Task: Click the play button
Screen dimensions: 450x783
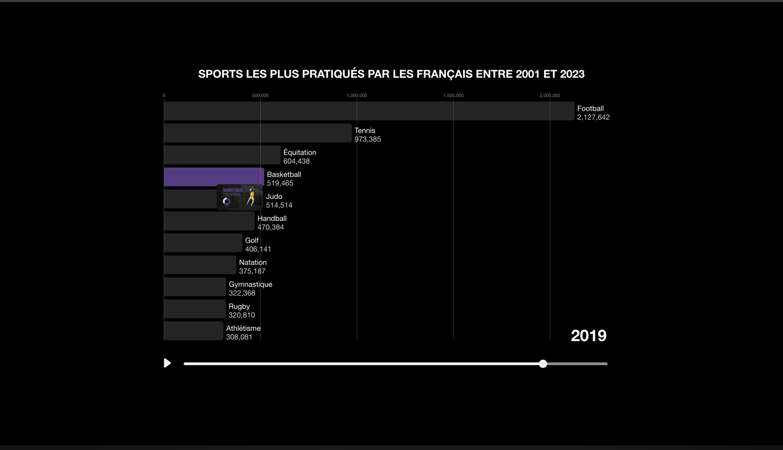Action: tap(167, 363)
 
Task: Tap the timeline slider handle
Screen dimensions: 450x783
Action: tap(543, 364)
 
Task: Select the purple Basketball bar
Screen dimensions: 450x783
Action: tap(213, 177)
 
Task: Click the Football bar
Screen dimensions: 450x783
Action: tap(369, 111)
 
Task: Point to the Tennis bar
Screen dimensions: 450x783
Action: tap(257, 133)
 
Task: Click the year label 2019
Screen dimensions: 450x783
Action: tap(588, 336)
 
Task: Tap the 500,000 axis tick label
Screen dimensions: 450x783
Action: tap(260, 95)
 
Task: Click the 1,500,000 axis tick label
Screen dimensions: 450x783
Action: tap(453, 95)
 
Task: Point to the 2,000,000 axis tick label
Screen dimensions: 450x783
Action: tap(549, 95)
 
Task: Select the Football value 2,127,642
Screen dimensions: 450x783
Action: tap(593, 117)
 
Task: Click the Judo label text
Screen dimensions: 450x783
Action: tap(274, 197)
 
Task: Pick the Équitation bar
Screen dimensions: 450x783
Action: tap(222, 155)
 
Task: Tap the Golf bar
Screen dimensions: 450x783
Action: tap(203, 243)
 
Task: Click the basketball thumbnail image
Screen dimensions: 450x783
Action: tap(239, 197)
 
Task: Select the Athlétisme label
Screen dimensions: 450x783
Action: tap(243, 329)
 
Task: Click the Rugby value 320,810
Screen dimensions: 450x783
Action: tap(241, 315)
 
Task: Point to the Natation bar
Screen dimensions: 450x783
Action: tap(200, 265)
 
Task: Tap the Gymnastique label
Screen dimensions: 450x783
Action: tap(250, 285)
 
